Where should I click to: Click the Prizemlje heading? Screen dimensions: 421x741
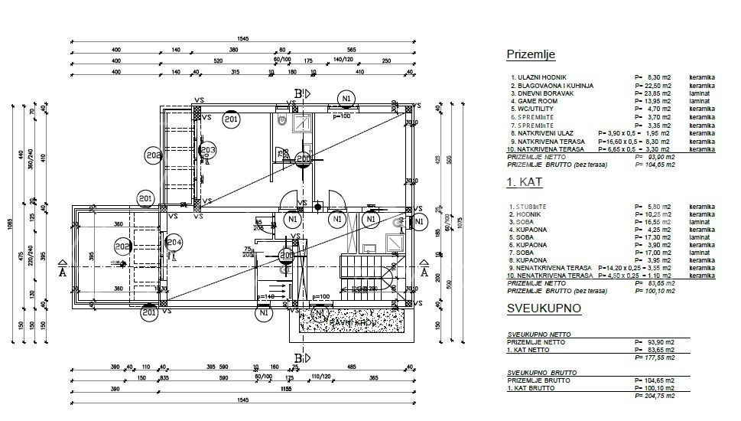(x=531, y=54)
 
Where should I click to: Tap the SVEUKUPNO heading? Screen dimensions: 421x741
(x=543, y=308)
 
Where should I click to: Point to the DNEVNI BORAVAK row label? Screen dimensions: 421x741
(x=544, y=93)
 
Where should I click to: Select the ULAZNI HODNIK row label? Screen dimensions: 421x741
(x=541, y=78)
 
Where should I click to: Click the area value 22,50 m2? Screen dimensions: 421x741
(x=658, y=86)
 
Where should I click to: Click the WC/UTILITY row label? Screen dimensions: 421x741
(x=537, y=109)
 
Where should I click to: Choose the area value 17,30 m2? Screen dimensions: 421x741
(x=658, y=237)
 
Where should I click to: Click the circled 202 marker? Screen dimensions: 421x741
(x=123, y=246)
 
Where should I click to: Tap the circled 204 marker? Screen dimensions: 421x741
(x=174, y=243)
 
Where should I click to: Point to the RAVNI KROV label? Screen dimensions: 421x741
(x=351, y=322)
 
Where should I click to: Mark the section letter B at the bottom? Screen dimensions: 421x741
(x=298, y=357)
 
